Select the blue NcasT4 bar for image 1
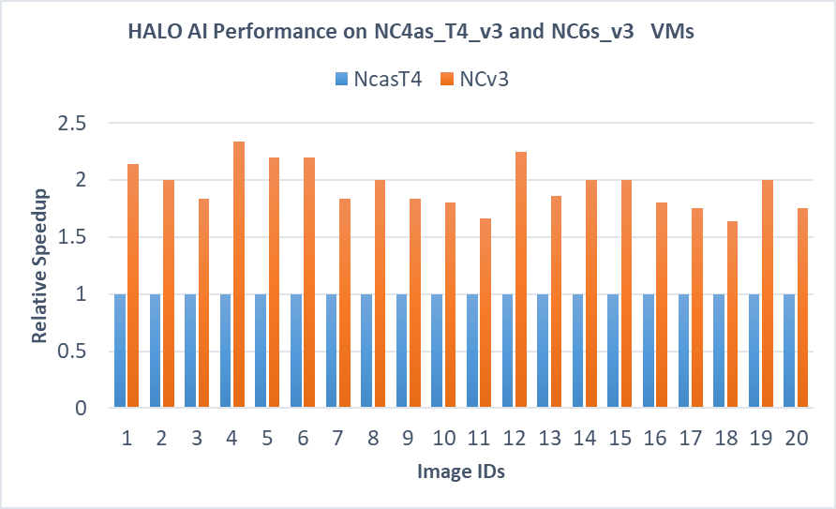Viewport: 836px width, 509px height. tap(120, 351)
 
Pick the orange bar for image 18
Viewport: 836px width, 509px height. tap(732, 314)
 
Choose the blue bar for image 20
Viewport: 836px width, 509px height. tap(789, 351)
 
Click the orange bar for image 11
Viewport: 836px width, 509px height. tap(485, 313)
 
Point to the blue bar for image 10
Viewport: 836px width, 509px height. tap(437, 351)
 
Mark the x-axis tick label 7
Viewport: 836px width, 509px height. tap(337, 439)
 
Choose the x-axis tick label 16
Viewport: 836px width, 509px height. tap(655, 439)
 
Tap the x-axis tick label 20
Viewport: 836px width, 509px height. tap(796, 439)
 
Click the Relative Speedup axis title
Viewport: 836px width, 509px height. tap(40, 265)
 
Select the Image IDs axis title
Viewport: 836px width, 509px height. tap(461, 472)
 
